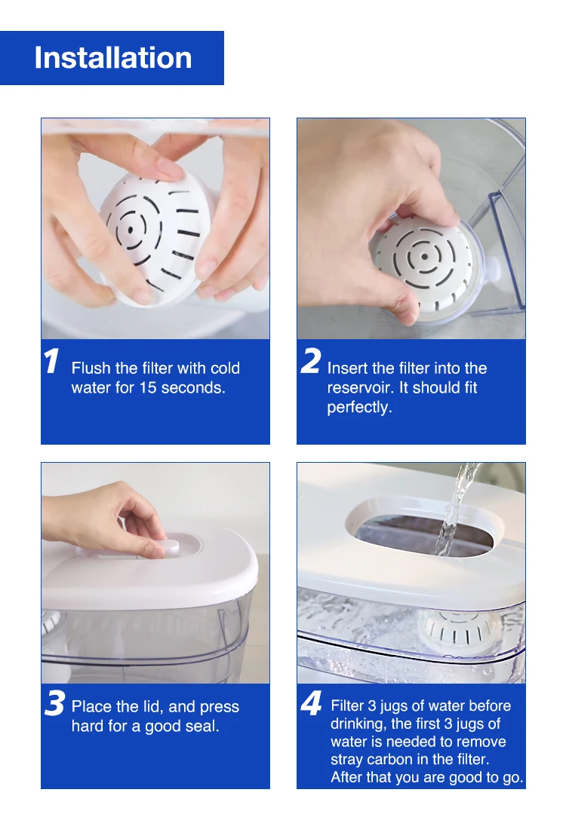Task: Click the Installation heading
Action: click(x=112, y=57)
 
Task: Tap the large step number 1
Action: click(x=51, y=361)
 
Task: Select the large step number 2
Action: click(x=311, y=361)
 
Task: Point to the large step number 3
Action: click(x=54, y=703)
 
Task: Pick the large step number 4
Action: click(x=312, y=703)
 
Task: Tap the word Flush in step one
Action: click(x=91, y=368)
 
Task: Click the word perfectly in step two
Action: click(x=359, y=408)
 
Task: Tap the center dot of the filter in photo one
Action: click(x=131, y=229)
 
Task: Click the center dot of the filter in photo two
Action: click(x=425, y=256)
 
